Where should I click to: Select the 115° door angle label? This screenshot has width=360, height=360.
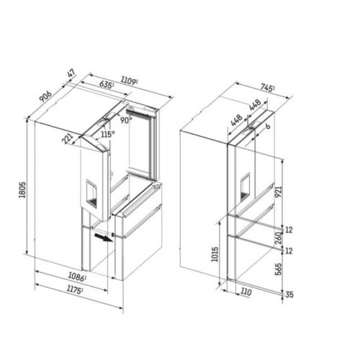(x=108, y=135)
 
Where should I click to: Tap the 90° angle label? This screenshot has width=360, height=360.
(x=127, y=122)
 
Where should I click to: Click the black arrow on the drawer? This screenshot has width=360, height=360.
(x=107, y=238)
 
